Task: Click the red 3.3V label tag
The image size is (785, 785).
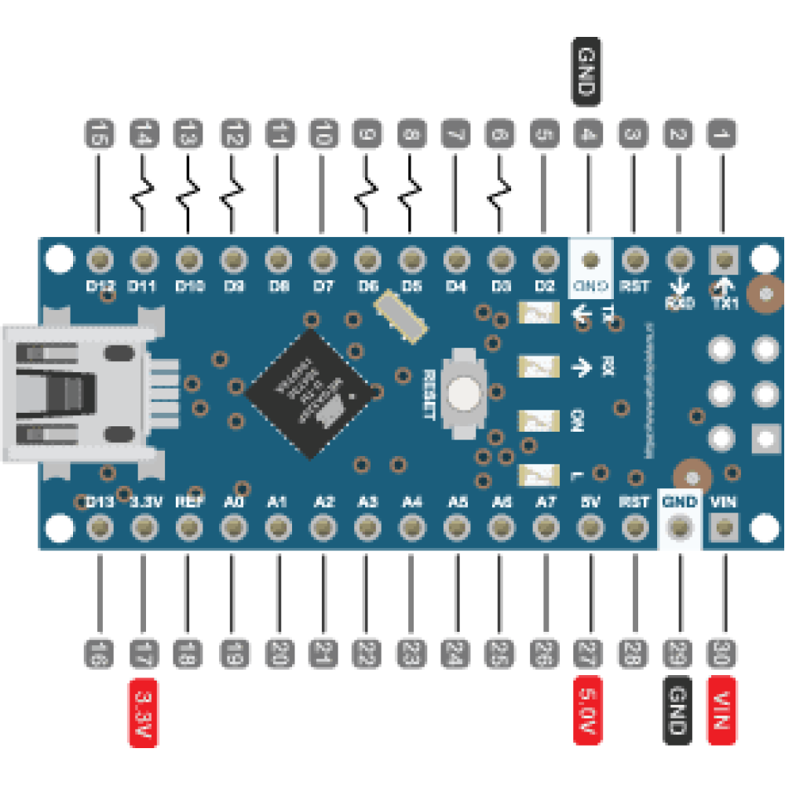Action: coord(144,710)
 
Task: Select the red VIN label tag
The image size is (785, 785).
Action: coord(721,710)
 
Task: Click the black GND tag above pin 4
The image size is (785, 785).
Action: coord(586,72)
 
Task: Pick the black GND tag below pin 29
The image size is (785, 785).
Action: coord(677,710)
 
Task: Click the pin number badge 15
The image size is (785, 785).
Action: coord(99,133)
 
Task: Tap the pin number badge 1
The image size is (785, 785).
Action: coord(721,133)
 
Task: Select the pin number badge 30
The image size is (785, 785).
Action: coord(721,652)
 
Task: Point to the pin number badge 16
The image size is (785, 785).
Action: coord(99,652)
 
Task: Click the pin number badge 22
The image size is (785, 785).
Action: coord(365,652)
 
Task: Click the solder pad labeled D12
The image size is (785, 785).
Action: coord(100,258)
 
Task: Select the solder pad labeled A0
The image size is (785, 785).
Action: coord(233,528)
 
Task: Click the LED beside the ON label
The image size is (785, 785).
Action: coord(539,418)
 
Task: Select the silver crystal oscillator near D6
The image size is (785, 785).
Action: coord(400,316)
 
